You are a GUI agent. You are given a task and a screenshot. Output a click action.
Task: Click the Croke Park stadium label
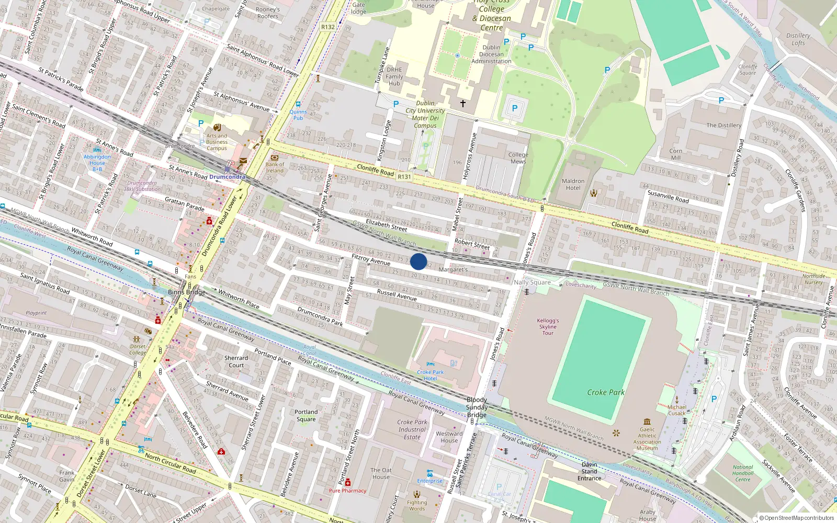(606, 392)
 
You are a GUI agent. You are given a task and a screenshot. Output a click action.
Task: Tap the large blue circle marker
(418, 261)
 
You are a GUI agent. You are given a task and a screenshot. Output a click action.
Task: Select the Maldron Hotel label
(573, 185)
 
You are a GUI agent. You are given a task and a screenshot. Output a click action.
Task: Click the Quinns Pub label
(298, 115)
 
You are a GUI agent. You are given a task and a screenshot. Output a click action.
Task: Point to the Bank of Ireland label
(275, 167)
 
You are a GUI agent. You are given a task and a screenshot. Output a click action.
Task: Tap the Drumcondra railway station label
(227, 177)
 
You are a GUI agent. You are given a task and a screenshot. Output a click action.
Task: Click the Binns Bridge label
(187, 292)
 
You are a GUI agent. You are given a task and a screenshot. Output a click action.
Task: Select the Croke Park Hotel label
(430, 375)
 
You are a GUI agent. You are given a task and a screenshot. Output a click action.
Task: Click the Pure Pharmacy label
(347, 491)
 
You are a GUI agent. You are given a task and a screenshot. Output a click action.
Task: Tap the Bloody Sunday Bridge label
(477, 407)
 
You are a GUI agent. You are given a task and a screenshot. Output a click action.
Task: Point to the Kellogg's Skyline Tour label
(548, 327)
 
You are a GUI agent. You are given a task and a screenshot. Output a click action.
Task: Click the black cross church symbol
(462, 104)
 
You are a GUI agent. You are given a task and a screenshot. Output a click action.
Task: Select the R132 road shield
(328, 27)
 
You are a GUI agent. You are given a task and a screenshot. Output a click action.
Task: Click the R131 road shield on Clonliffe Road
(404, 177)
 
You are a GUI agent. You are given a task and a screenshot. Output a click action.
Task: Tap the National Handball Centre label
(742, 473)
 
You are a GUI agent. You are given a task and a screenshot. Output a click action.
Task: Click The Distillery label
(723, 126)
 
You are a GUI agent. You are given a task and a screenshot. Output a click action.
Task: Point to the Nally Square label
(532, 282)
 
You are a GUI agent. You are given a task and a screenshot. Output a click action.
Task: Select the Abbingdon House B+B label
(97, 163)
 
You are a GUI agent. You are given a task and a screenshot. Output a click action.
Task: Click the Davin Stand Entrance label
(589, 471)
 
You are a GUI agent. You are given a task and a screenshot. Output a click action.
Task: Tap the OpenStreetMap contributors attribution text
(796, 518)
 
